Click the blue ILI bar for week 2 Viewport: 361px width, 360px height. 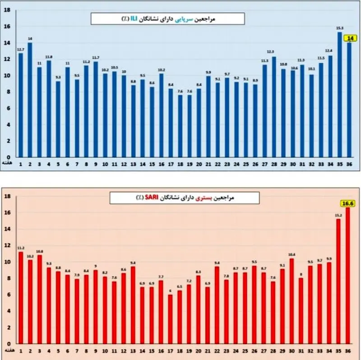(30, 99)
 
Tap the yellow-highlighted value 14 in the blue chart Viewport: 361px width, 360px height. (349, 38)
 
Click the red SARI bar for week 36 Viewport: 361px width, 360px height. (348, 275)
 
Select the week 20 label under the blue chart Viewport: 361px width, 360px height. (199, 163)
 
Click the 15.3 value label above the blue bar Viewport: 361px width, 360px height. (339, 28)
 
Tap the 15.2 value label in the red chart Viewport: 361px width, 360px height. (338, 215)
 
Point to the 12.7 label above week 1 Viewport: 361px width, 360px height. (20, 50)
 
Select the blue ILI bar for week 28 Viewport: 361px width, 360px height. (274, 106)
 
